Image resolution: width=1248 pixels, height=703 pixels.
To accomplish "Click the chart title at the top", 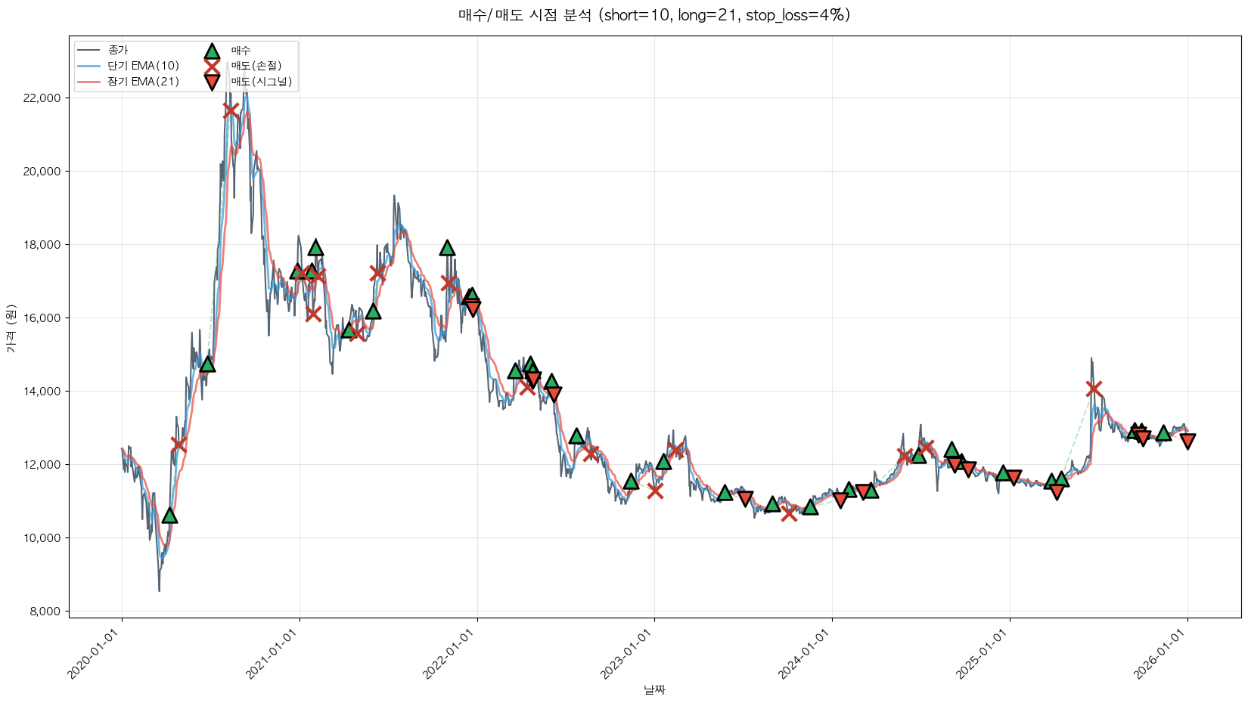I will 654,15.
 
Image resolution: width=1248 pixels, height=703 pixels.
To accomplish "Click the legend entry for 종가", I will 118,50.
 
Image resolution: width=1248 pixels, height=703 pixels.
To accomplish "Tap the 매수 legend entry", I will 241,50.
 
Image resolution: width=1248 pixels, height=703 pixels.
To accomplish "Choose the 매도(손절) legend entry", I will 256,66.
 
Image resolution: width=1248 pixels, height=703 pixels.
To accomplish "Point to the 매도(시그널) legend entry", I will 261,82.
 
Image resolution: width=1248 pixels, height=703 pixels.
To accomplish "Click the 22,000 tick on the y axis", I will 39,98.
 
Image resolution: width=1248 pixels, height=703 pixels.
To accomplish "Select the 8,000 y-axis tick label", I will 42,612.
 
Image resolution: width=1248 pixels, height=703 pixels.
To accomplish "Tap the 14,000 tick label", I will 39,392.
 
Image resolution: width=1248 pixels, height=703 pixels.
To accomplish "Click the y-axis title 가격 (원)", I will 11,328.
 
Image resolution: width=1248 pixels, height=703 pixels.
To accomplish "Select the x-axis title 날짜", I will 654,689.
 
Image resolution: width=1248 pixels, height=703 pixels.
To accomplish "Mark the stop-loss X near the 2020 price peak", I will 231,111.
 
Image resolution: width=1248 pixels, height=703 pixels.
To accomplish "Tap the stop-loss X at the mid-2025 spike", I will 1093,389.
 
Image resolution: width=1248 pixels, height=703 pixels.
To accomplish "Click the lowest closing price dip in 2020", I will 159,590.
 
